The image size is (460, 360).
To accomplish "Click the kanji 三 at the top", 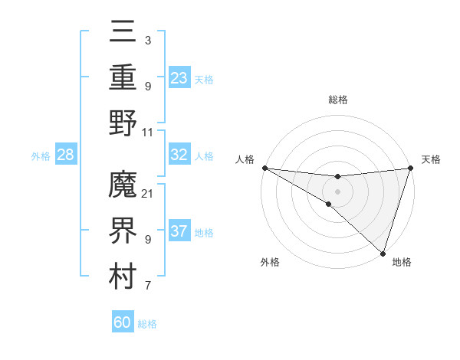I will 123,34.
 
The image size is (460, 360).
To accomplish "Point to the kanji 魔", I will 123,187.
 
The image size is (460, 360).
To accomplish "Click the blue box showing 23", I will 179,77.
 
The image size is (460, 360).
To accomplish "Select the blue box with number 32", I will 179,155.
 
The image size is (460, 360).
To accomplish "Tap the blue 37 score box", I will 179,231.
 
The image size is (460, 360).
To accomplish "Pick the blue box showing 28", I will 65,155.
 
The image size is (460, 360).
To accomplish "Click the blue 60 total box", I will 123,322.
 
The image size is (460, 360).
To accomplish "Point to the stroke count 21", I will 147,193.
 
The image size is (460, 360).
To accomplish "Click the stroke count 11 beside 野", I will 147,132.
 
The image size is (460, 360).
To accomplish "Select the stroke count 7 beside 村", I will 147,286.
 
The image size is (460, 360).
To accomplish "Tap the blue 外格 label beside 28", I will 41,156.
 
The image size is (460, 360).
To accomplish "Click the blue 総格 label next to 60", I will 147,324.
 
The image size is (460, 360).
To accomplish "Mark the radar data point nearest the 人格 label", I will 264,168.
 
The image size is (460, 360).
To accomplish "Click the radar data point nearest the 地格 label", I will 383,253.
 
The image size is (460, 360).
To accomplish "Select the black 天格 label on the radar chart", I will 431,159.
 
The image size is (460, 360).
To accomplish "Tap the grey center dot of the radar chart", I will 337,191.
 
